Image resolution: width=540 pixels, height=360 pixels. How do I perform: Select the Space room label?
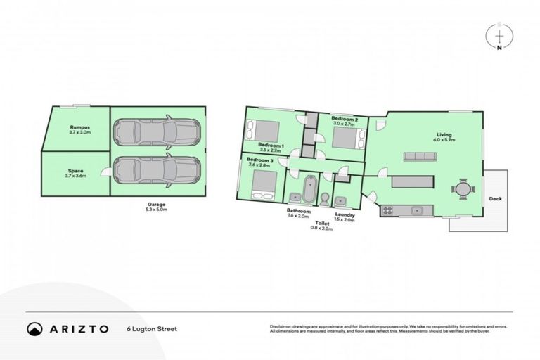click(75, 174)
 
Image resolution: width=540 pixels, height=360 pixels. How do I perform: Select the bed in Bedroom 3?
click(265, 183)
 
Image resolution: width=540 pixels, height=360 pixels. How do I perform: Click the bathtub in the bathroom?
click(309, 190)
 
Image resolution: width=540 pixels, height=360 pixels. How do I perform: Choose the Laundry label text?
click(345, 215)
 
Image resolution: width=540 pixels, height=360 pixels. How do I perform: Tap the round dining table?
click(462, 189)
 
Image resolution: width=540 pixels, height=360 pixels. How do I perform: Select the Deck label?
click(495, 199)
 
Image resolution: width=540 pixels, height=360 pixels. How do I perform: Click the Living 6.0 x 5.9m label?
click(444, 136)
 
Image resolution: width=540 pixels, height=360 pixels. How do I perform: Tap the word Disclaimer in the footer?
click(281, 326)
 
